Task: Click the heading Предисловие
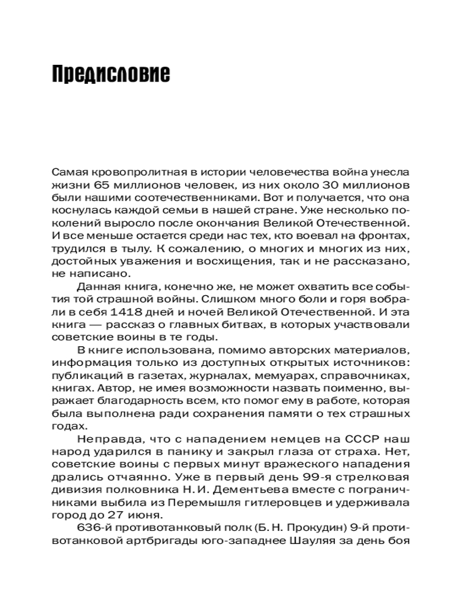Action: (x=111, y=74)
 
